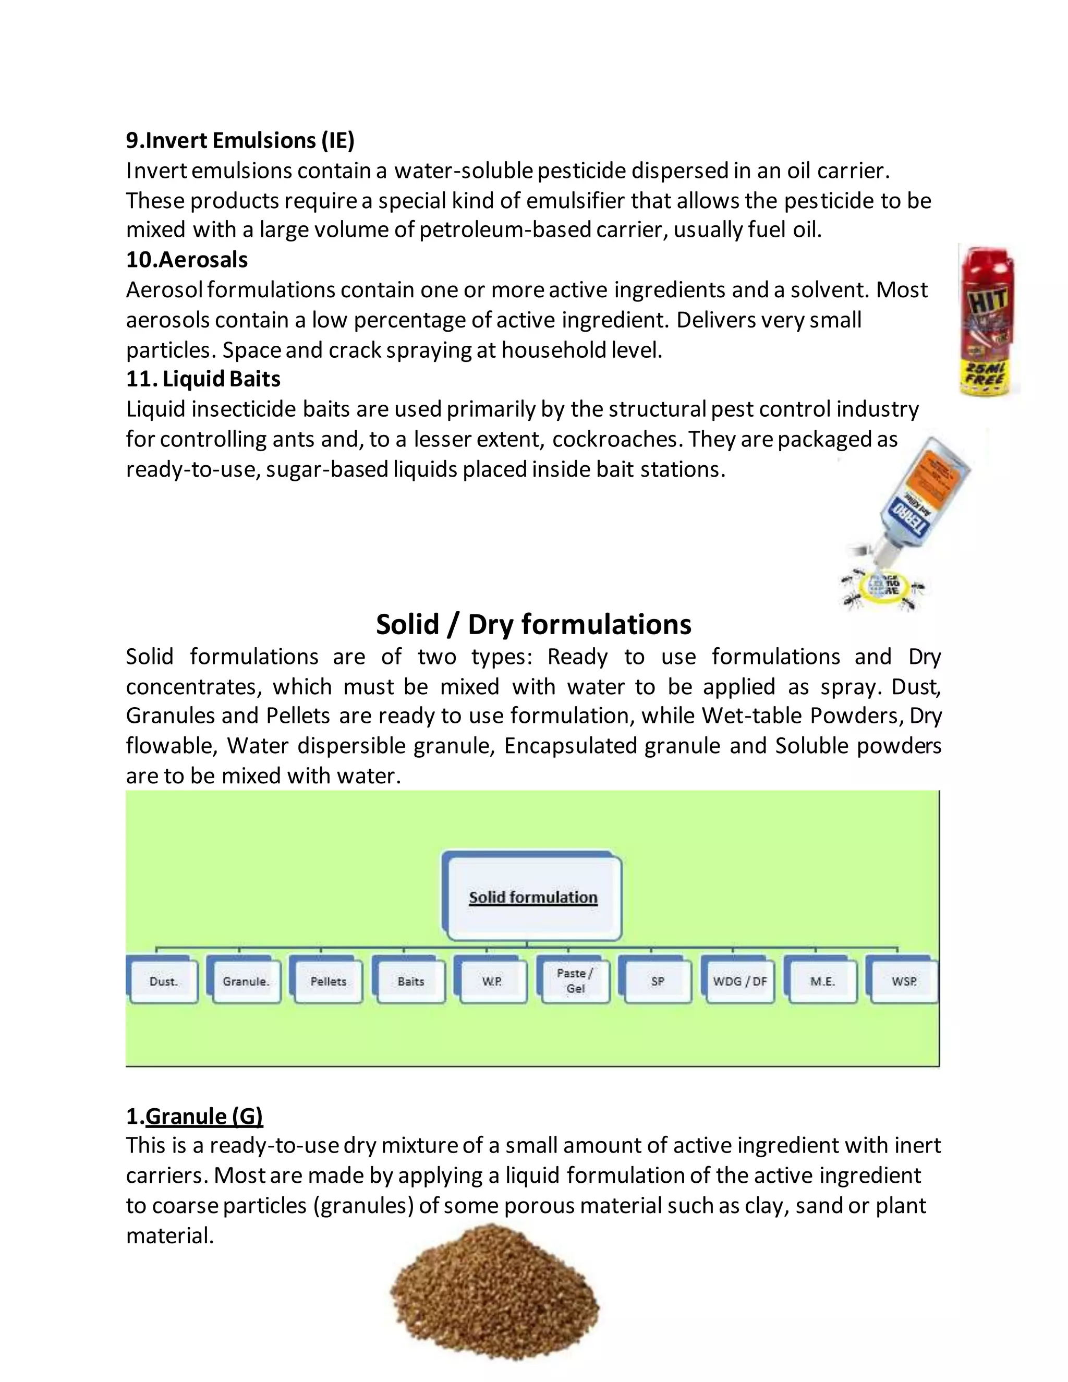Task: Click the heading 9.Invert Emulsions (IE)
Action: click(x=240, y=140)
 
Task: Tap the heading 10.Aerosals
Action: click(x=187, y=259)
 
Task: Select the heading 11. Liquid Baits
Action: click(x=203, y=379)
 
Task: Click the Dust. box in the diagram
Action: click(x=164, y=981)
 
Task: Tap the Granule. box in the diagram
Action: click(x=246, y=981)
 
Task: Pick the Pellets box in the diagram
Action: click(x=329, y=981)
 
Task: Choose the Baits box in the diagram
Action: click(x=410, y=981)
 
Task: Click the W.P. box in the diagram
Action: click(x=492, y=981)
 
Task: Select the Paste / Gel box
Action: click(x=575, y=981)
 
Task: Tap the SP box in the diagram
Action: click(x=658, y=981)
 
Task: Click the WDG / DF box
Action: click(x=739, y=981)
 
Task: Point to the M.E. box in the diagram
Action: click(x=822, y=981)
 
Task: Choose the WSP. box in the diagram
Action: click(x=904, y=981)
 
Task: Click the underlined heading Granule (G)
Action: click(x=204, y=1116)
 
